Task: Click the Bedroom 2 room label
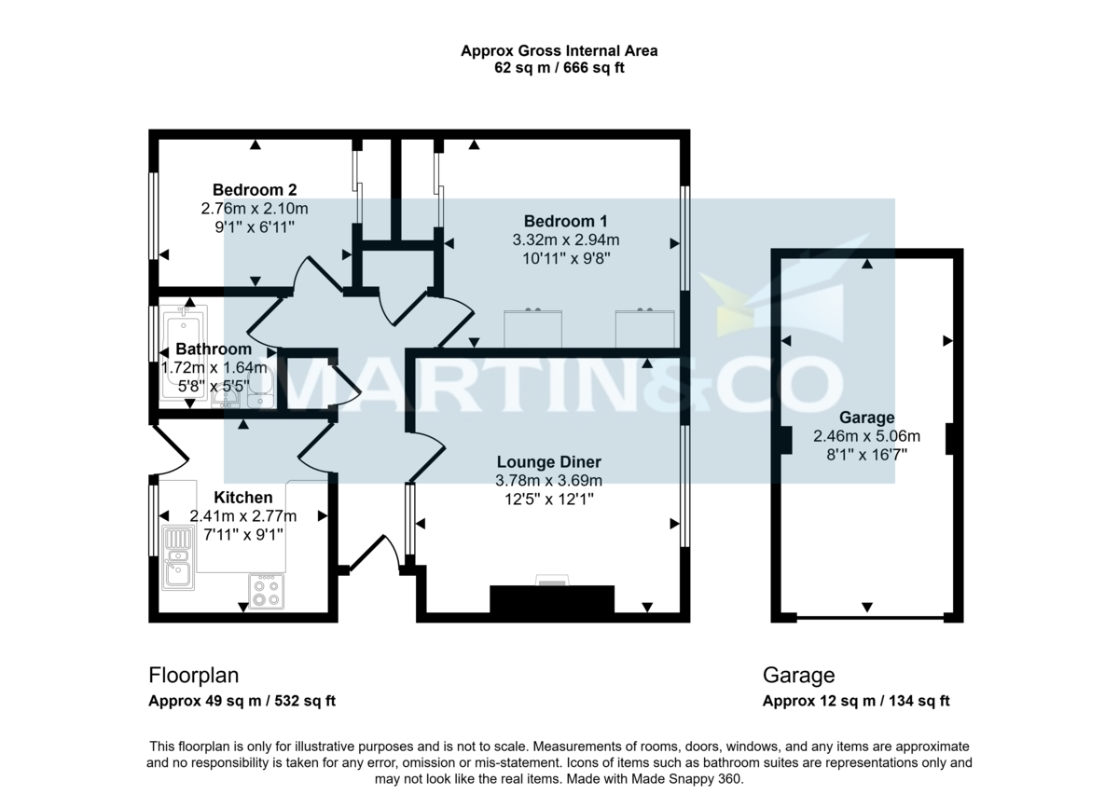click(247, 190)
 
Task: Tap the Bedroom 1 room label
click(565, 221)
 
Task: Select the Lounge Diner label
click(548, 462)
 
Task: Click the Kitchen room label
click(243, 498)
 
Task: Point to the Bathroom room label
click(214, 349)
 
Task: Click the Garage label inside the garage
click(866, 418)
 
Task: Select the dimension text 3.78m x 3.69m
click(548, 481)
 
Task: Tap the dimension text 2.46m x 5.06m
click(866, 436)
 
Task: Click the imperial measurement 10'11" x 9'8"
click(565, 258)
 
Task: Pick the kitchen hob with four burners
click(266, 591)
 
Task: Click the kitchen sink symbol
click(177, 558)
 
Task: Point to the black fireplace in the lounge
click(552, 599)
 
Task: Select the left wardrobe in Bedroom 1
click(533, 328)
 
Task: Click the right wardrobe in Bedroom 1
click(644, 328)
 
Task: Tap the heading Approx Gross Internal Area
click(559, 51)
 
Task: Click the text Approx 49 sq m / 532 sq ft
click(242, 702)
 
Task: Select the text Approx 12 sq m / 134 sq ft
click(856, 702)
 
